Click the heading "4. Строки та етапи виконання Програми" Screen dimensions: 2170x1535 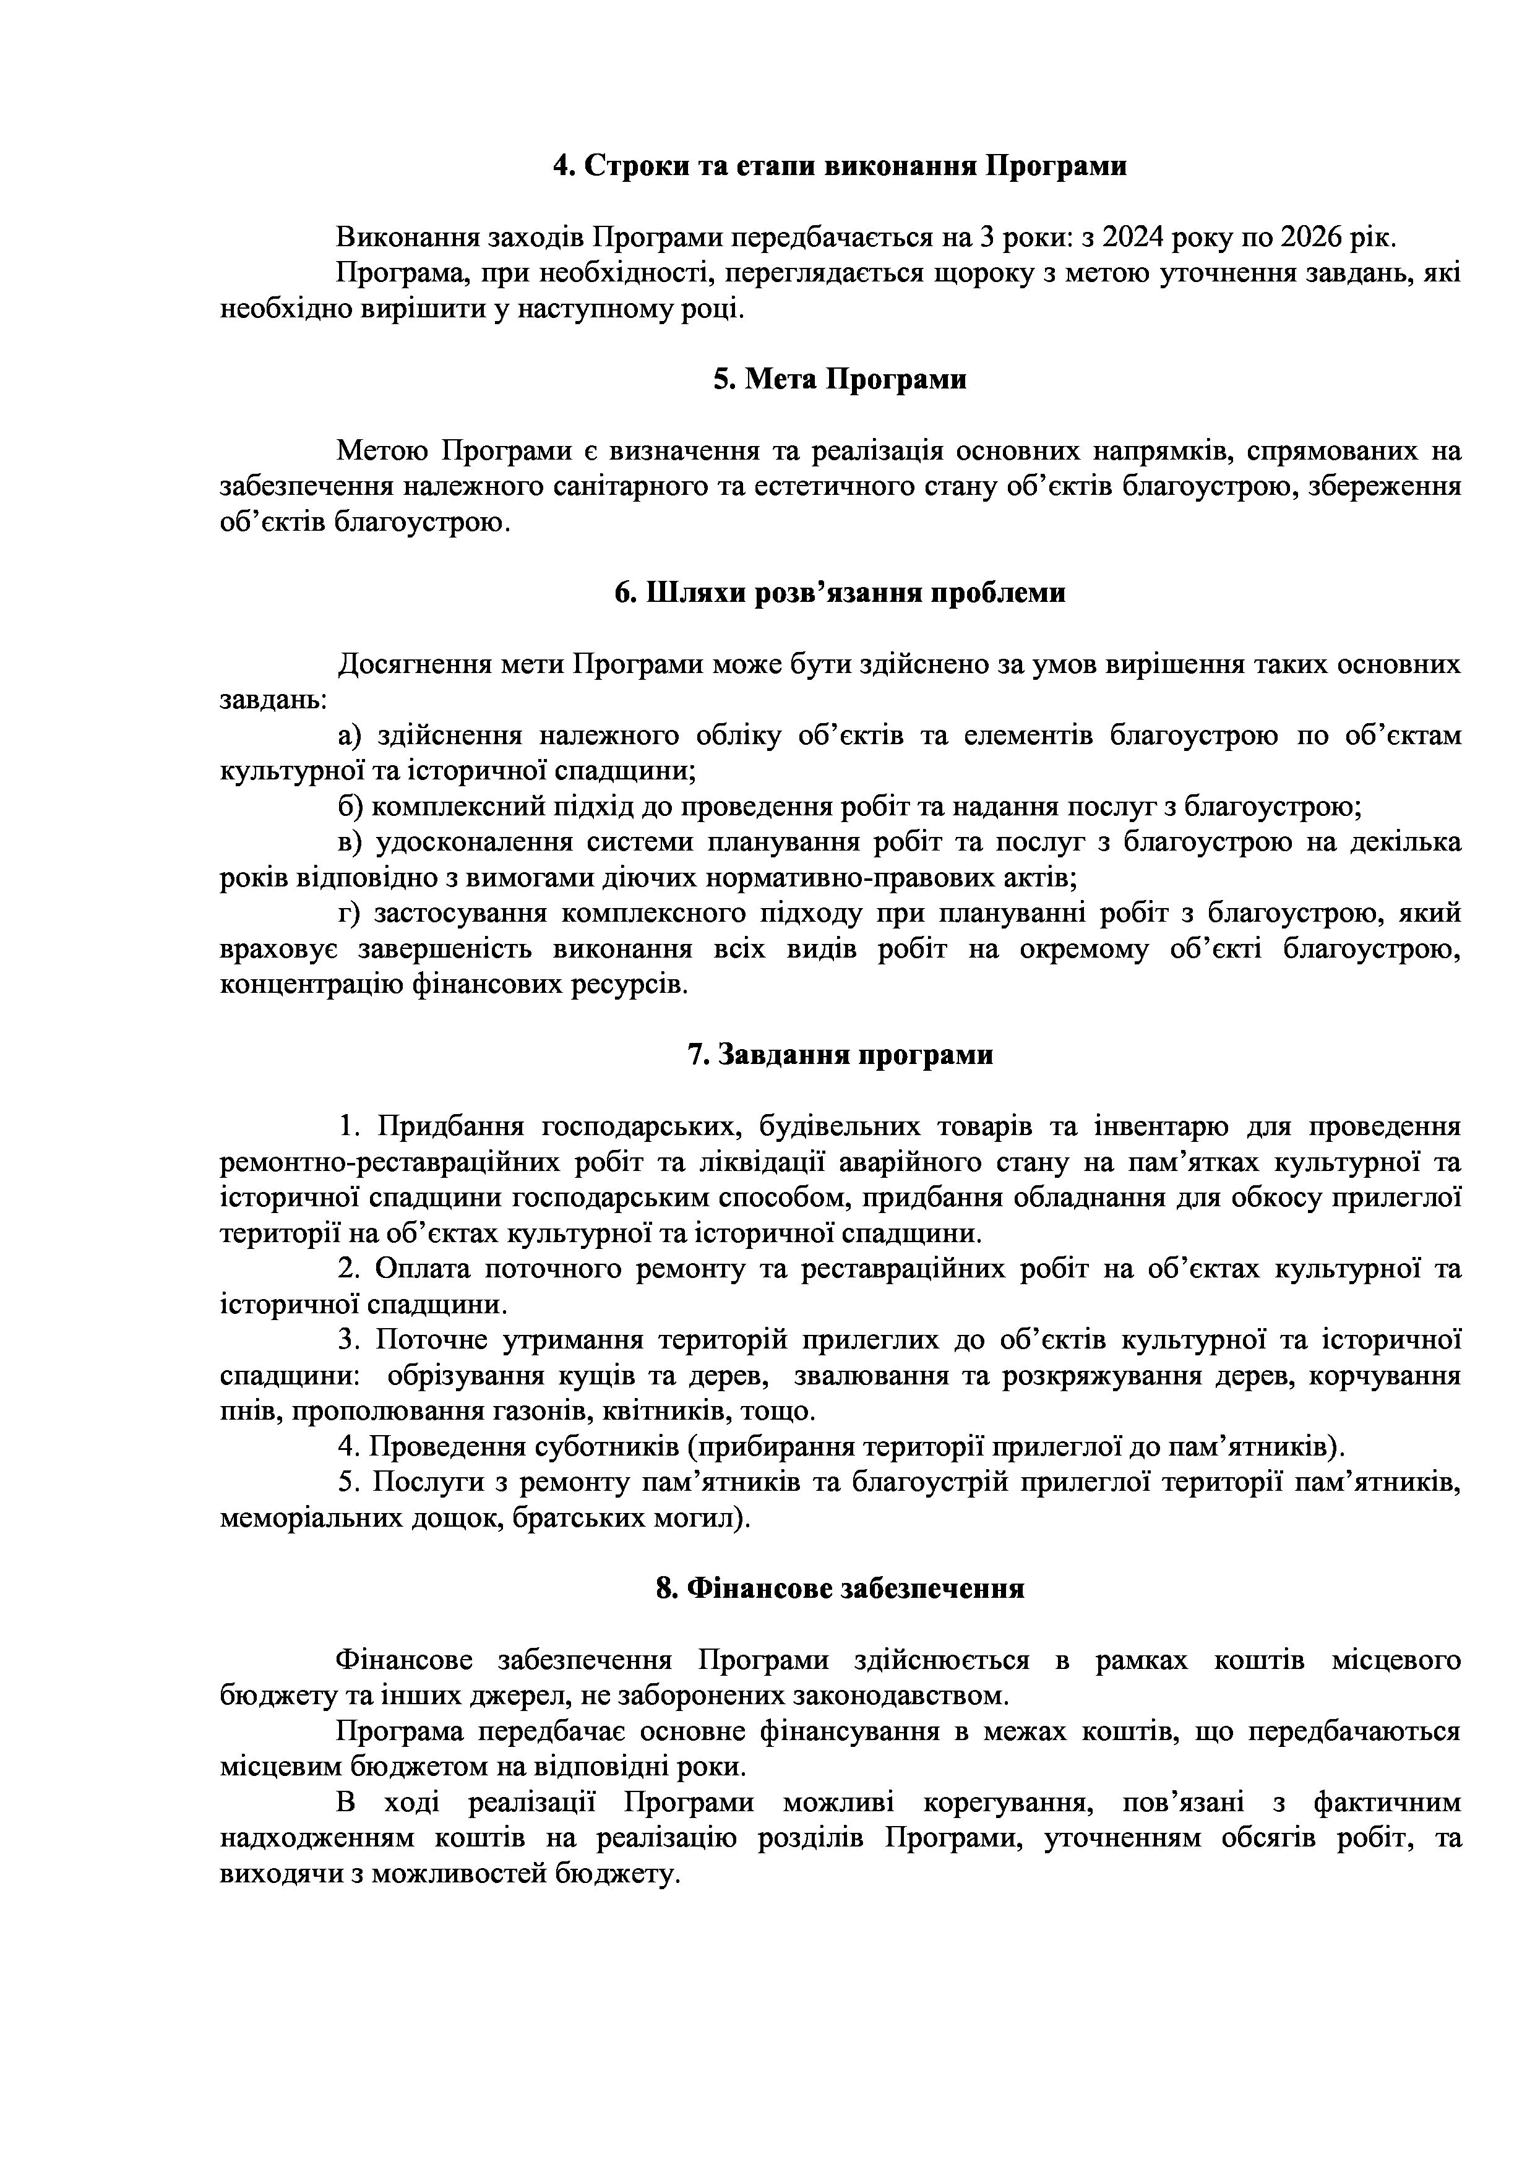[840, 166]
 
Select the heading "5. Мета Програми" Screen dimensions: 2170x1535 [840, 380]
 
